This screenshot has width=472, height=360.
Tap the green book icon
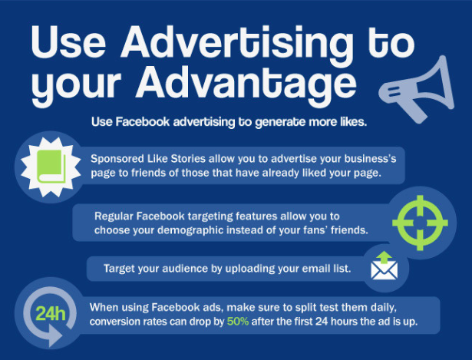(x=51, y=167)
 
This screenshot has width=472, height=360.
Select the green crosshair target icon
(x=421, y=223)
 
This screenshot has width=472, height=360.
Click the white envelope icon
(x=384, y=270)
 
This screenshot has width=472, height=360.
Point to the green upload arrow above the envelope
(x=385, y=257)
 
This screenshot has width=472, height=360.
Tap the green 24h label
(x=51, y=314)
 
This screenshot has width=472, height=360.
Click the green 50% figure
(x=238, y=322)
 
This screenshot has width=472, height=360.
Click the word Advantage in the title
(x=246, y=84)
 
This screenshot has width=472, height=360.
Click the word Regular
(x=114, y=216)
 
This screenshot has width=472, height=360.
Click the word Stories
(x=188, y=159)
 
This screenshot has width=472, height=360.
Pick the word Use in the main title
(x=68, y=42)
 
